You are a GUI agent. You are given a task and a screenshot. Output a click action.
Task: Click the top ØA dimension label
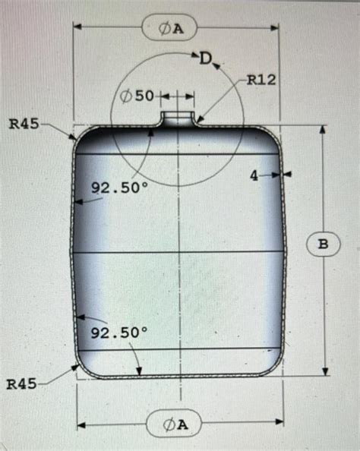pos(169,28)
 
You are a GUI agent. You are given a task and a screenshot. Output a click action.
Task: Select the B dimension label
pos(324,244)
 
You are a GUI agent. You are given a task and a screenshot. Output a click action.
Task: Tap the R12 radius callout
pos(261,80)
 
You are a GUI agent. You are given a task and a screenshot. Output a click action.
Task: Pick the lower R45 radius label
pos(21,384)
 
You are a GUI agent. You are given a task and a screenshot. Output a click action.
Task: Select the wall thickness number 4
pos(254,175)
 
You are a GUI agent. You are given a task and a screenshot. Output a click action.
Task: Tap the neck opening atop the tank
pos(179,118)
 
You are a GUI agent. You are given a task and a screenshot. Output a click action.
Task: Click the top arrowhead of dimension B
pos(324,130)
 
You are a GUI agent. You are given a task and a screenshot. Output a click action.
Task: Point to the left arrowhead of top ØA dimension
pos(77,27)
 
